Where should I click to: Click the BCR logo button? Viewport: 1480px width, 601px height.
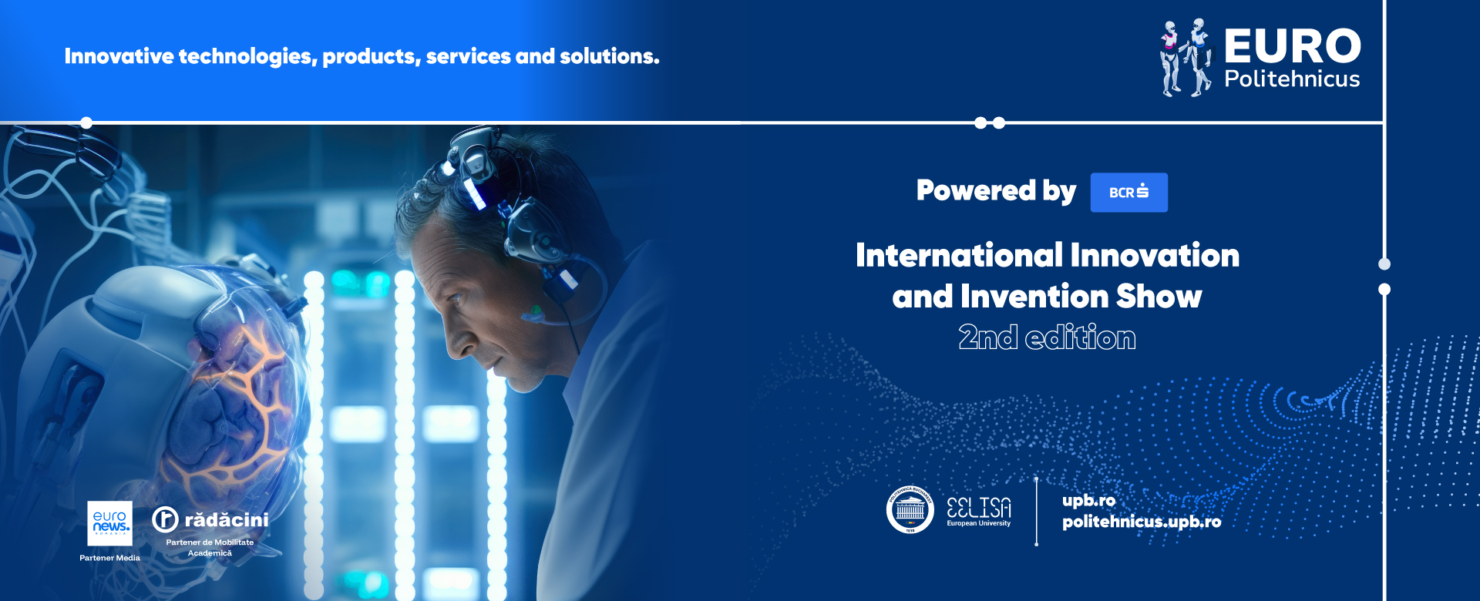1128,192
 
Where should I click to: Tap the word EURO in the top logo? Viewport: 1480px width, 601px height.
1293,46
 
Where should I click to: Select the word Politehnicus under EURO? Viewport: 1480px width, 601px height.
1292,79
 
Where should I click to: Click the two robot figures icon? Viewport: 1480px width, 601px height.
1186,58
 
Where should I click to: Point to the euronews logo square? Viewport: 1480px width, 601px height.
109,523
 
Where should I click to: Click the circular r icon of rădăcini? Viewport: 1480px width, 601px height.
165,519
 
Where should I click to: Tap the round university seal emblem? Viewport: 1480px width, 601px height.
910,509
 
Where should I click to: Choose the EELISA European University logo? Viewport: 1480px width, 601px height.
979,512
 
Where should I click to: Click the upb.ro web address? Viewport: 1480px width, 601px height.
1088,501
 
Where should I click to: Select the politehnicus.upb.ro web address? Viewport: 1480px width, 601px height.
1142,522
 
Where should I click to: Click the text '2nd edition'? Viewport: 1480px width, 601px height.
1047,337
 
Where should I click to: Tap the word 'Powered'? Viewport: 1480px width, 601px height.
976,190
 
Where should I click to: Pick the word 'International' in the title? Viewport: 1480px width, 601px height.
960,255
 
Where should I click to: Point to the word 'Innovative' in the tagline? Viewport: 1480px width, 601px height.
119,56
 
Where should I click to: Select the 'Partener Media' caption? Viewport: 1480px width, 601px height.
109,558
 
